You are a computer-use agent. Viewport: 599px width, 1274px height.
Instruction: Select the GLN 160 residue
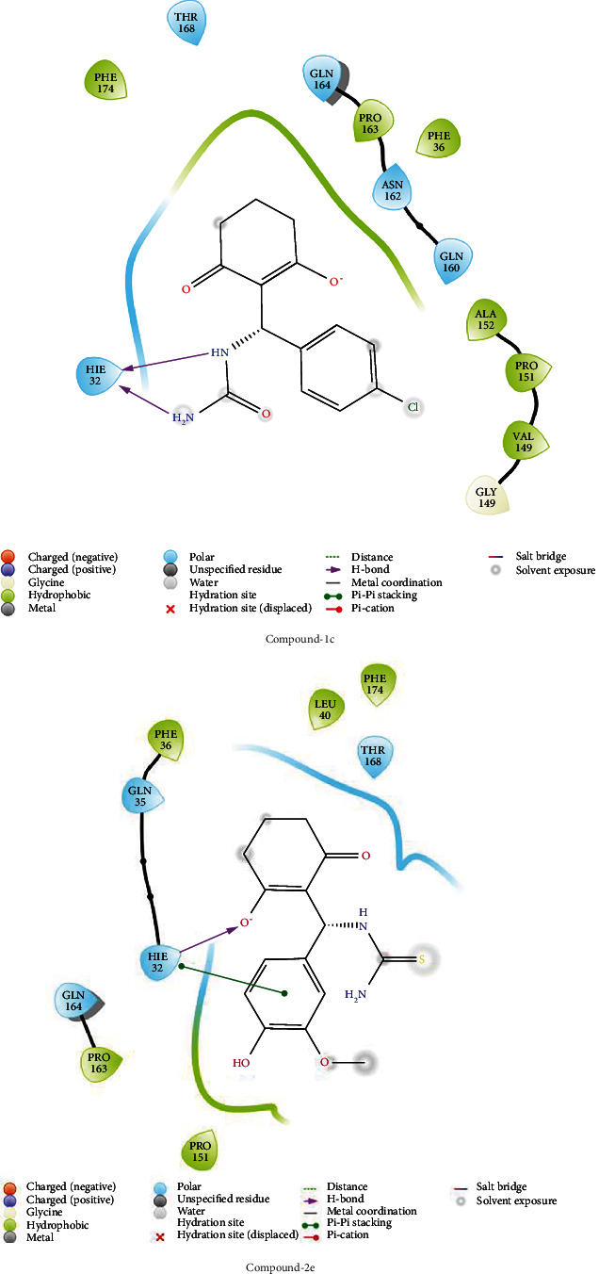tap(452, 259)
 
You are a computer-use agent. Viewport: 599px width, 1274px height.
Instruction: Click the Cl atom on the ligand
tap(413, 408)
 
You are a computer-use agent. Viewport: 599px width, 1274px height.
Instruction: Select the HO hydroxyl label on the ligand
tap(241, 1063)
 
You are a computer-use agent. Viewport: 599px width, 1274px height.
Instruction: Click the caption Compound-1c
tap(299, 637)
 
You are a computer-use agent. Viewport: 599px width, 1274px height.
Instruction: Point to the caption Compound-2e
tap(299, 1266)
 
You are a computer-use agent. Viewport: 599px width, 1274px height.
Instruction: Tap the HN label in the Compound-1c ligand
tap(219, 353)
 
